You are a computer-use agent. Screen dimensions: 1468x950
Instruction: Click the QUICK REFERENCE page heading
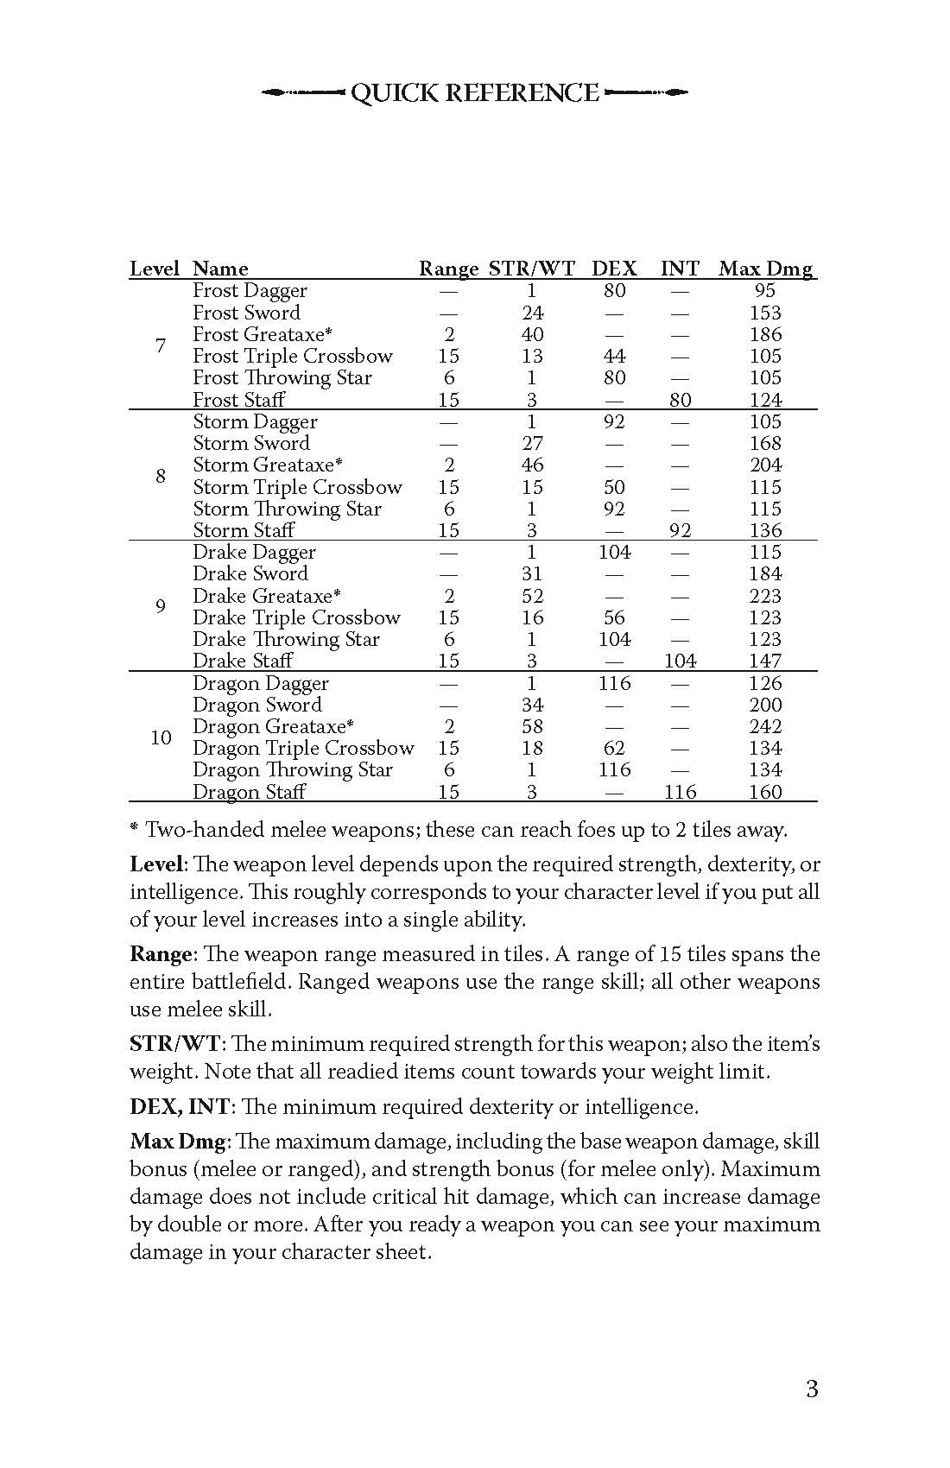click(x=474, y=93)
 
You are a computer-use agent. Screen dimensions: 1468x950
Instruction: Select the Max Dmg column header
click(x=765, y=269)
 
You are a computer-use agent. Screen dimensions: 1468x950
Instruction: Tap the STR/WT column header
click(x=531, y=269)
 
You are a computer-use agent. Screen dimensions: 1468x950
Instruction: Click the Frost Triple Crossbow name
click(x=292, y=356)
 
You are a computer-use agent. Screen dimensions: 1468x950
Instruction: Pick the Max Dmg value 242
click(x=765, y=726)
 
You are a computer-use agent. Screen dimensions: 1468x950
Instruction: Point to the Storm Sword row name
click(x=250, y=443)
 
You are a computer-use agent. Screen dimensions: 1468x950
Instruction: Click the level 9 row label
click(x=161, y=606)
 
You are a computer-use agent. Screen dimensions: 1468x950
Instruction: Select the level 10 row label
click(x=161, y=737)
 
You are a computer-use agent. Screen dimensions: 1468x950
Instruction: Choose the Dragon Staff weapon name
click(x=249, y=792)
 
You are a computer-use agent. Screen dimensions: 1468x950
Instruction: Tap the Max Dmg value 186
click(x=765, y=334)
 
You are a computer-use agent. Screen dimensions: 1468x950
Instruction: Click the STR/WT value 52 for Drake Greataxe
click(x=532, y=596)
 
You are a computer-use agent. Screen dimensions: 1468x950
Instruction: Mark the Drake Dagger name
click(x=254, y=552)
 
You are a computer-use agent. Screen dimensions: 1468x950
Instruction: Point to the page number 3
click(x=811, y=1389)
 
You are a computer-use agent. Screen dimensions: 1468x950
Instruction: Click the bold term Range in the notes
click(x=160, y=954)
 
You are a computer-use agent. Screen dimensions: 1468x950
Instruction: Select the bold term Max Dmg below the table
click(x=178, y=1142)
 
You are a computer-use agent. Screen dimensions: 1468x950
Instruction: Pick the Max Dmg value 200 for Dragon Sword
click(x=765, y=705)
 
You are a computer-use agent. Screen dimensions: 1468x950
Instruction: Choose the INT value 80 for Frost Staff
click(x=680, y=400)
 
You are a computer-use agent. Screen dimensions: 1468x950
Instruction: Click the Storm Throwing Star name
click(x=287, y=509)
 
